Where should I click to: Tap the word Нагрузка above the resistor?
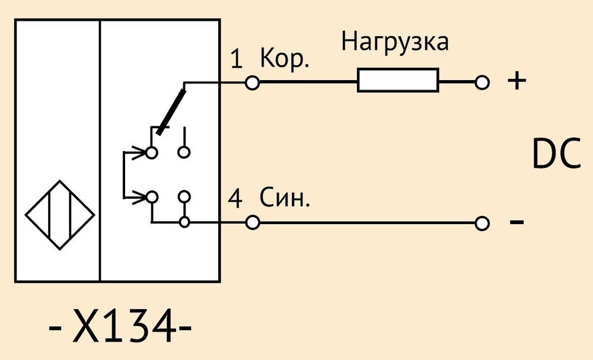(x=395, y=42)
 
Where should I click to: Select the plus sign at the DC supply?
(x=517, y=81)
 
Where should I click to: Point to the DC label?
(x=556, y=154)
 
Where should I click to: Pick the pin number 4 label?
(x=235, y=199)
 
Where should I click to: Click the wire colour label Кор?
(x=285, y=59)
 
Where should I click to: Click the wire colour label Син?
(x=285, y=197)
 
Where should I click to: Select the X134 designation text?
(x=120, y=325)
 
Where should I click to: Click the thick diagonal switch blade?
(x=171, y=112)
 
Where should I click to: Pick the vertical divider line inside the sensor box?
(x=100, y=151)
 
